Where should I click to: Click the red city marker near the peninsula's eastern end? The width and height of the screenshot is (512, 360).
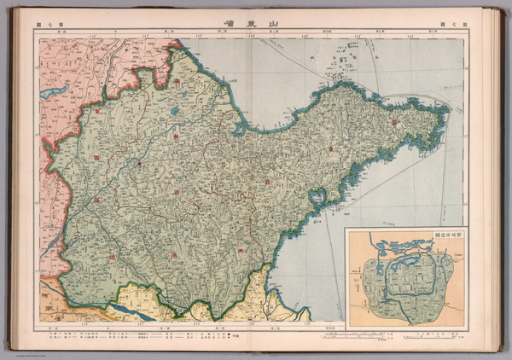tap(395, 123)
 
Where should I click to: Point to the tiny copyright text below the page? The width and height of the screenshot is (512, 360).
tap(26, 347)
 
